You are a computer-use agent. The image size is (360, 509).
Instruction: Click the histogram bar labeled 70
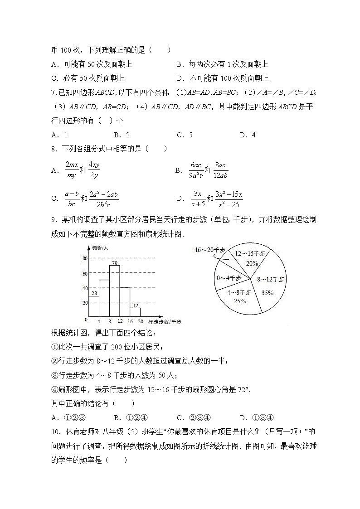point(114,291)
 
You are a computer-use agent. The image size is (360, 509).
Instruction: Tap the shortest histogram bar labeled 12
point(135,312)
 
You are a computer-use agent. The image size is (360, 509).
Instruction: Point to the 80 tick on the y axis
point(84,258)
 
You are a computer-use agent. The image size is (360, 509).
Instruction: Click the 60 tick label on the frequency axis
point(84,273)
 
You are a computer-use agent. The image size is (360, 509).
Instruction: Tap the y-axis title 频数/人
point(101,248)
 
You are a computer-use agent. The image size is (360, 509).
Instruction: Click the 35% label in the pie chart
point(267,293)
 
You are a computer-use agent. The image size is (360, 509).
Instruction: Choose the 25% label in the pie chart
point(239,301)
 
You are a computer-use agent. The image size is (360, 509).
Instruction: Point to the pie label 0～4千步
point(229,277)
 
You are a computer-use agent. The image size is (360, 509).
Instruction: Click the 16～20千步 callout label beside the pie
point(210,249)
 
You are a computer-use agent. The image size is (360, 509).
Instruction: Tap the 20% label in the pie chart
point(252,263)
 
